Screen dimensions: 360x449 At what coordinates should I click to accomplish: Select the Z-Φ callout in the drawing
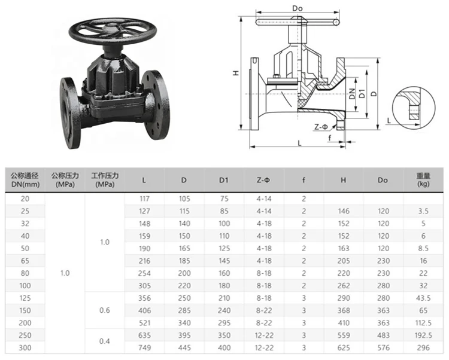click(x=321, y=127)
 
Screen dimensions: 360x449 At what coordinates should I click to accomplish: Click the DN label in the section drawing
click(x=353, y=93)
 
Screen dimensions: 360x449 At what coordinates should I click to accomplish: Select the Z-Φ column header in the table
click(x=264, y=179)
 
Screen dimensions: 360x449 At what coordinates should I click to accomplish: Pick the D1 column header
click(x=224, y=179)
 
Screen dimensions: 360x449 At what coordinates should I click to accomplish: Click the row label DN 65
click(x=25, y=261)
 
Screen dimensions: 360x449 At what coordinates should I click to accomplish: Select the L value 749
click(x=144, y=347)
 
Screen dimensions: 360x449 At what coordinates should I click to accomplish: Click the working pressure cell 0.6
click(x=105, y=310)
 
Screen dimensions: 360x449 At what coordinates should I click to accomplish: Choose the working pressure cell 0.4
click(x=105, y=341)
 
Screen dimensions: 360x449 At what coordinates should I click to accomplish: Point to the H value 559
click(x=343, y=335)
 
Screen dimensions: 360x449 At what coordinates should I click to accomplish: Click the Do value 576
click(x=383, y=347)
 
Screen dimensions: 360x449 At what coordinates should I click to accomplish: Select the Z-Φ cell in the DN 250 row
click(x=264, y=335)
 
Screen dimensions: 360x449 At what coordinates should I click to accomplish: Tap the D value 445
click(x=184, y=347)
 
